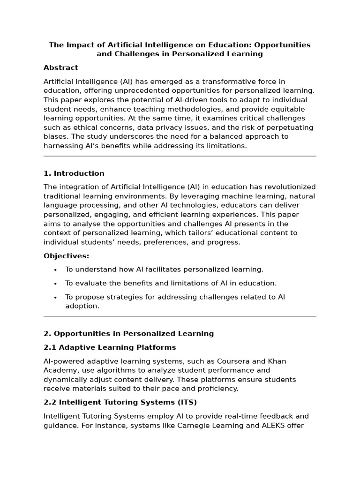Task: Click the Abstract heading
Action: [61, 68]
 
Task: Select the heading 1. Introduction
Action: [74, 173]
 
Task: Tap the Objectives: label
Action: [66, 256]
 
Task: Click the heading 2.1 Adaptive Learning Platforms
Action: [110, 347]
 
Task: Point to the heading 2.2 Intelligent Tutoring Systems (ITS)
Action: [120, 402]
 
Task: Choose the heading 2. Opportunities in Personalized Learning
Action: [128, 334]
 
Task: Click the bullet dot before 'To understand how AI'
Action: [55, 270]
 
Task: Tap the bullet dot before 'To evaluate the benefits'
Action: [55, 283]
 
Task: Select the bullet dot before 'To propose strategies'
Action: [55, 297]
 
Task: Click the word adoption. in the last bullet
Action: [82, 306]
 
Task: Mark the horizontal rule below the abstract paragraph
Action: [180, 156]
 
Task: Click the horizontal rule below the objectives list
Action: [180, 316]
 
